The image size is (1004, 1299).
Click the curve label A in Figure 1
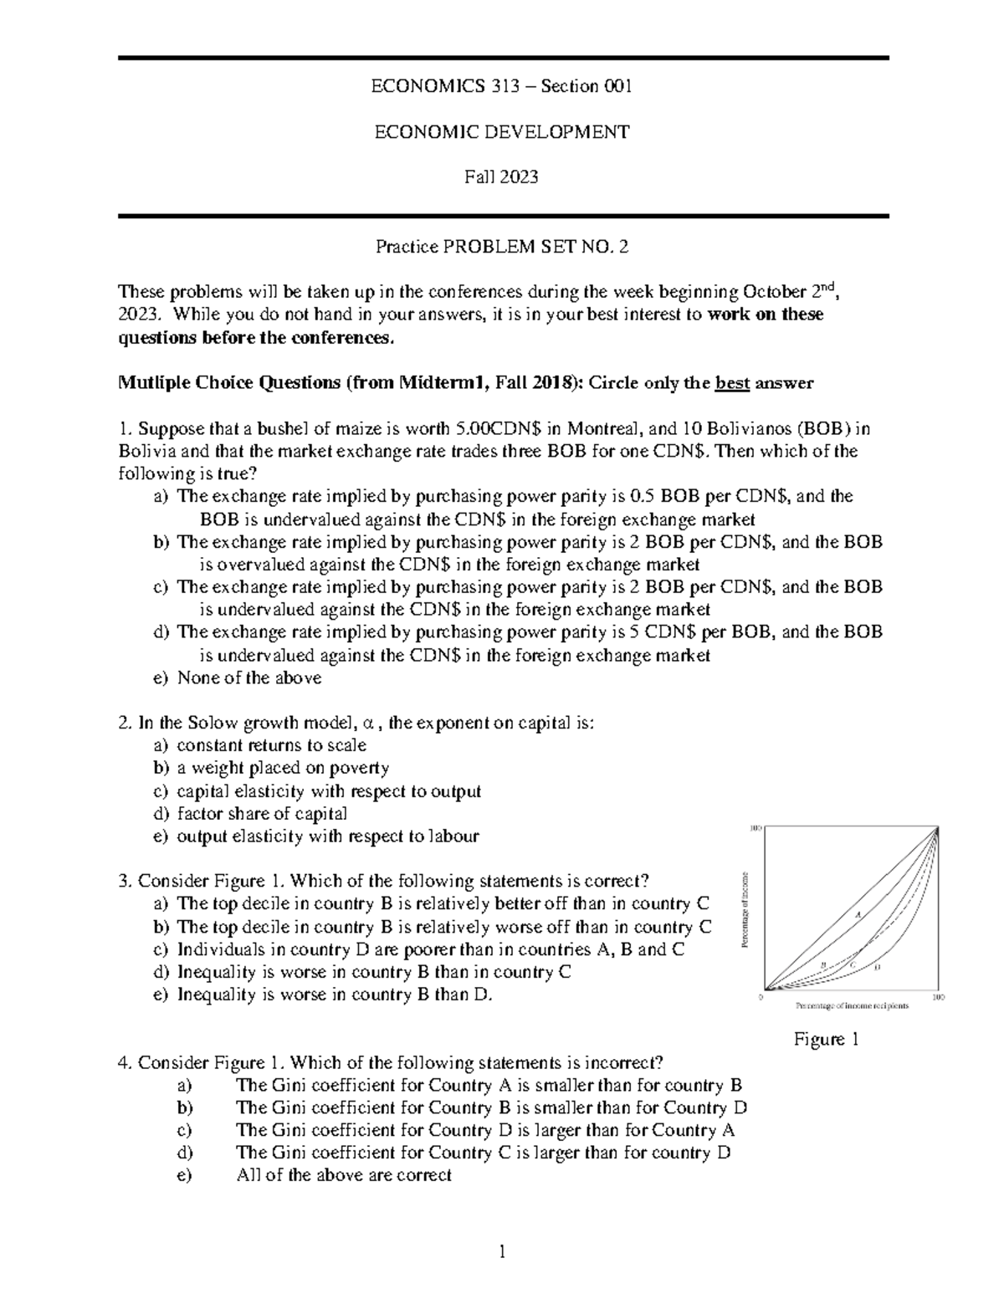point(858,913)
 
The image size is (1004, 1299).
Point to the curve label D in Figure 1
point(877,968)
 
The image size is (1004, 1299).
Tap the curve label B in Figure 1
point(823,965)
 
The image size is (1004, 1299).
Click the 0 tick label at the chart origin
point(760,997)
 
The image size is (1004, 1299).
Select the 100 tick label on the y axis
point(755,829)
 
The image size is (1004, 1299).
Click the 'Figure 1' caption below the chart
point(827,1040)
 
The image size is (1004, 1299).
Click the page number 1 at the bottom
point(502,1251)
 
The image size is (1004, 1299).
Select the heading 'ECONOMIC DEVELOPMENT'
point(502,131)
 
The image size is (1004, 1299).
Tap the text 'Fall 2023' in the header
point(502,176)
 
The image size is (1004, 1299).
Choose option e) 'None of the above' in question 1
point(248,678)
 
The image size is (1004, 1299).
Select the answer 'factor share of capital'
point(262,814)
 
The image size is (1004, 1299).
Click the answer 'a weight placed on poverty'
point(283,769)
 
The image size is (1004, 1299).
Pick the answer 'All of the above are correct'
point(344,1175)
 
